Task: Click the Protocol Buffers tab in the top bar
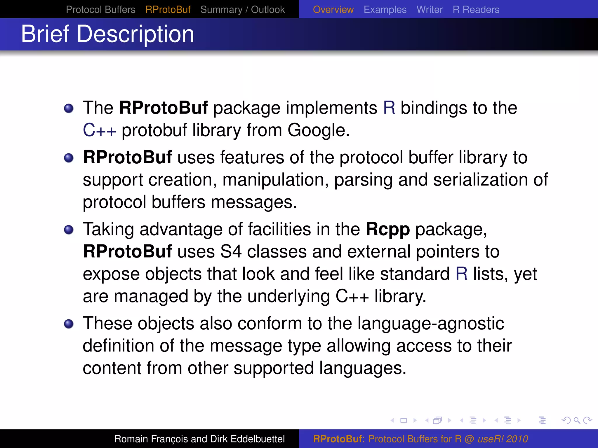tap(100, 10)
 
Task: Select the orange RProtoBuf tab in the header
tap(168, 10)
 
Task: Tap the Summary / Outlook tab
tap(242, 10)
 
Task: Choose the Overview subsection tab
tap(333, 10)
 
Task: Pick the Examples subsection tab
tap(385, 10)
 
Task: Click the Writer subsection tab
tap(430, 10)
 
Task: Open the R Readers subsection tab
tap(476, 10)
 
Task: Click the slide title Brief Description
tap(107, 34)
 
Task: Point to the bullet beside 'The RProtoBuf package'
tap(69, 108)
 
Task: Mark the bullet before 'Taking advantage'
tap(69, 230)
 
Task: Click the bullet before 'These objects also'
tap(69, 324)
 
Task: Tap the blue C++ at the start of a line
tap(99, 130)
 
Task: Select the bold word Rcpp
tap(388, 229)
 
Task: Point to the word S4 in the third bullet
tap(231, 251)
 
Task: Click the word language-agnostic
tap(431, 324)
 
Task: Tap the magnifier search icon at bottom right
tap(577, 420)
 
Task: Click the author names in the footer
tap(199, 439)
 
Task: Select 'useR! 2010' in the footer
tap(503, 439)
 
